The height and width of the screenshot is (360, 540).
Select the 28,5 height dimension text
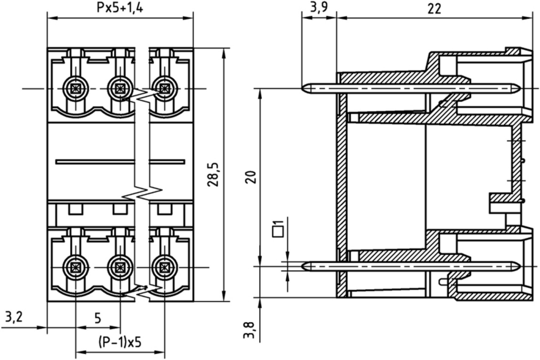pyautogui.click(x=213, y=174)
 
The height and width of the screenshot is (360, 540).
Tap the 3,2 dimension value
pyautogui.click(x=14, y=317)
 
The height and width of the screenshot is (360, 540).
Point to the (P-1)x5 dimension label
pyautogui.click(x=120, y=342)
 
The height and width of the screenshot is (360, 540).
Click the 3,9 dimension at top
pyautogui.click(x=319, y=8)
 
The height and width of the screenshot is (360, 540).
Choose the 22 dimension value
pyautogui.click(x=434, y=8)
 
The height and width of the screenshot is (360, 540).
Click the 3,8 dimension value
pyautogui.click(x=249, y=330)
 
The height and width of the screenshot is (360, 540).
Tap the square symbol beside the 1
pyautogui.click(x=277, y=232)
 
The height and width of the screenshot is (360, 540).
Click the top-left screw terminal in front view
pyautogui.click(x=75, y=89)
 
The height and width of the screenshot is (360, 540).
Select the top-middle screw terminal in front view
pyautogui.click(x=119, y=89)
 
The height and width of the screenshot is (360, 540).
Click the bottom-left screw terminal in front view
pyautogui.click(x=75, y=267)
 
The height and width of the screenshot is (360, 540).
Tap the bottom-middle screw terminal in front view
pyautogui.click(x=119, y=267)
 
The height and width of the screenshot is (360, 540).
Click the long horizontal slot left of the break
pyautogui.click(x=95, y=161)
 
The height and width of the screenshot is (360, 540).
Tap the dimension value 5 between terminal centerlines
pyautogui.click(x=98, y=318)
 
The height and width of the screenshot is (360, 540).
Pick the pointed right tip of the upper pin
pyautogui.click(x=519, y=89)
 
